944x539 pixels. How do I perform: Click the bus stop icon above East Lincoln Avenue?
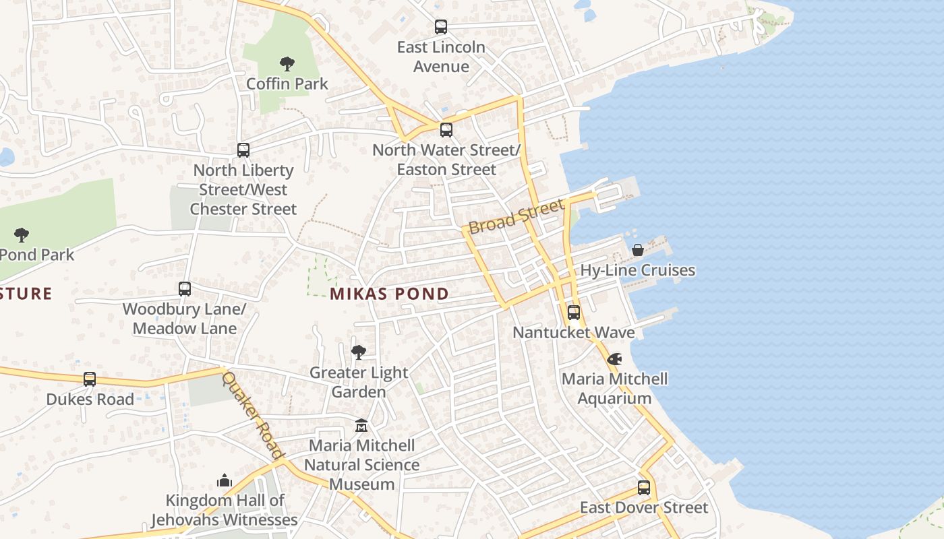click(x=441, y=27)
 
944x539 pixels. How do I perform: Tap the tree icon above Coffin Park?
click(x=287, y=64)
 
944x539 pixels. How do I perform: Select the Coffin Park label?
click(x=287, y=84)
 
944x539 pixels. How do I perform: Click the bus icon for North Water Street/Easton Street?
click(x=446, y=130)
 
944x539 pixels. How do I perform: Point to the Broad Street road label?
click(x=516, y=216)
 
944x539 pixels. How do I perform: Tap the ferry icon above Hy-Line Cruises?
click(x=638, y=250)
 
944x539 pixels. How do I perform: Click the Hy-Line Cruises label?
click(x=638, y=270)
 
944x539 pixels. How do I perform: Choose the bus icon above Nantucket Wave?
click(x=574, y=313)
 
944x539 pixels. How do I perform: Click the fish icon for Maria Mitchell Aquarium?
click(x=614, y=359)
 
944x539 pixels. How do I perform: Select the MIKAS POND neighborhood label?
click(x=390, y=294)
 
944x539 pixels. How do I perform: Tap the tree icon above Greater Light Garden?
click(x=359, y=352)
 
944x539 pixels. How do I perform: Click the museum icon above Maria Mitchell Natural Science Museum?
click(x=361, y=426)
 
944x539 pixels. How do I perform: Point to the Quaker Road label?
click(x=252, y=415)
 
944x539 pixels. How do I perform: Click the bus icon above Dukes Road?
click(x=90, y=379)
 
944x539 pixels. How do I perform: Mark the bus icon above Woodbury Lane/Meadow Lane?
click(x=185, y=289)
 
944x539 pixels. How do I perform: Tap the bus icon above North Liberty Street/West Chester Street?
click(x=243, y=150)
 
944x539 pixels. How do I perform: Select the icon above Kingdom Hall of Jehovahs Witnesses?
click(x=225, y=480)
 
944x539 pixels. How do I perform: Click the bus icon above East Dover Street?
click(x=644, y=488)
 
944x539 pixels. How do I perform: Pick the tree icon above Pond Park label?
click(x=22, y=235)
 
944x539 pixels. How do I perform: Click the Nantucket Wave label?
click(x=574, y=332)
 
